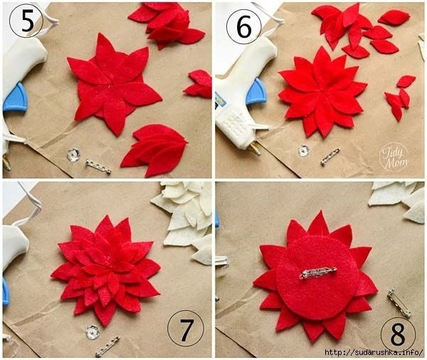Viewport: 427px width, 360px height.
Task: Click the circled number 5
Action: click(26, 21)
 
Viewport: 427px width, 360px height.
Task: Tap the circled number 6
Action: click(243, 27)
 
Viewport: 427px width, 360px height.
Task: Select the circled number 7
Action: click(186, 328)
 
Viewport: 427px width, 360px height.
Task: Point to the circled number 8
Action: click(398, 334)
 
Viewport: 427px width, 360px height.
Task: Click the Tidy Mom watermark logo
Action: click(394, 157)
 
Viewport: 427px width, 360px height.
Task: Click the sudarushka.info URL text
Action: click(374, 352)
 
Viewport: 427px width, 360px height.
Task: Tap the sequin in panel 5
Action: click(73, 154)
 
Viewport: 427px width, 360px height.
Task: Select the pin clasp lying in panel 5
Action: click(98, 166)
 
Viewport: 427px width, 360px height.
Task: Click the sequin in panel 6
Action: click(304, 151)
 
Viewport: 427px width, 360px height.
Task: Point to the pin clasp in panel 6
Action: click(330, 157)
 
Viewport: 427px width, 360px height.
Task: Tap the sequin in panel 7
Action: click(93, 332)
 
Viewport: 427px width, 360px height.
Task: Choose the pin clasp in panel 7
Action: click(108, 346)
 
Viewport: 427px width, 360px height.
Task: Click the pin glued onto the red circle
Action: click(318, 273)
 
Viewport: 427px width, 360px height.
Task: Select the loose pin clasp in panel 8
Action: click(399, 303)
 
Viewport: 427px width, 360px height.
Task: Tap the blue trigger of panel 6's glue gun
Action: click(255, 92)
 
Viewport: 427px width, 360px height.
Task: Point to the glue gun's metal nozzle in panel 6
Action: click(255, 149)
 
